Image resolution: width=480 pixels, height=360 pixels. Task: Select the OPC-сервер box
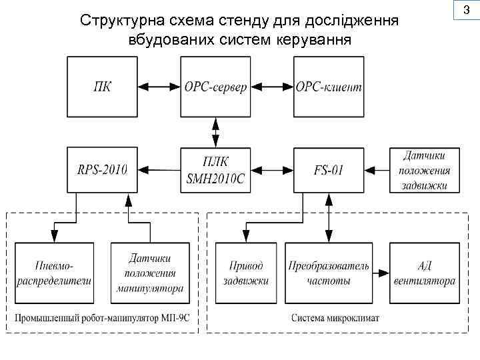pos(215,87)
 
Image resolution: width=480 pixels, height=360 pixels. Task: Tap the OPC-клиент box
pos(329,87)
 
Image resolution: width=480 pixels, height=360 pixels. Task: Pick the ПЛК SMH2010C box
pos(215,169)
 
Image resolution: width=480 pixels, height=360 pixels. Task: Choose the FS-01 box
pos(329,169)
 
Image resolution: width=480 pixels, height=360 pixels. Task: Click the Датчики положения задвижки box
pos(425,171)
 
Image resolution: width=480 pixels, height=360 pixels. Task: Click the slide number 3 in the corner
pos(466,11)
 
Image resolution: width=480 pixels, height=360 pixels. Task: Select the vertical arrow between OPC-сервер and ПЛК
pos(215,131)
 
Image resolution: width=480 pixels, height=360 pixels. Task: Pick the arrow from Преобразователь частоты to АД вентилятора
pos(379,273)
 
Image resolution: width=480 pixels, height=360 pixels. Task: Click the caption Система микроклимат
pos(335,318)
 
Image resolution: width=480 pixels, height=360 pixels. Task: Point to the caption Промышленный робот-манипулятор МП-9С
pos(104,318)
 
